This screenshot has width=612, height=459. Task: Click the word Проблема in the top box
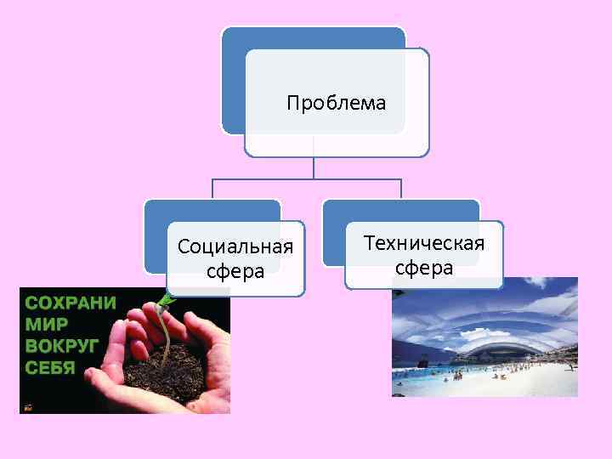(336, 104)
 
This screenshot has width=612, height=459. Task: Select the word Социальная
(235, 246)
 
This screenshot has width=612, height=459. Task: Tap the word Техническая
(423, 243)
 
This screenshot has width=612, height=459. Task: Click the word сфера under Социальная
(235, 272)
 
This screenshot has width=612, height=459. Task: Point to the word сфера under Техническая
(423, 269)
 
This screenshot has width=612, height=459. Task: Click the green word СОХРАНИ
(71, 303)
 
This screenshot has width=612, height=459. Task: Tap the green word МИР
(47, 324)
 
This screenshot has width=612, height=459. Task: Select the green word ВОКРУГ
(62, 346)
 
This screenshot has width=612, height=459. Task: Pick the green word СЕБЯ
(50, 368)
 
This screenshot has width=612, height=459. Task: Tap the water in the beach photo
(425, 385)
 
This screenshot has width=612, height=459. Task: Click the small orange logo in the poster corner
(27, 406)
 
